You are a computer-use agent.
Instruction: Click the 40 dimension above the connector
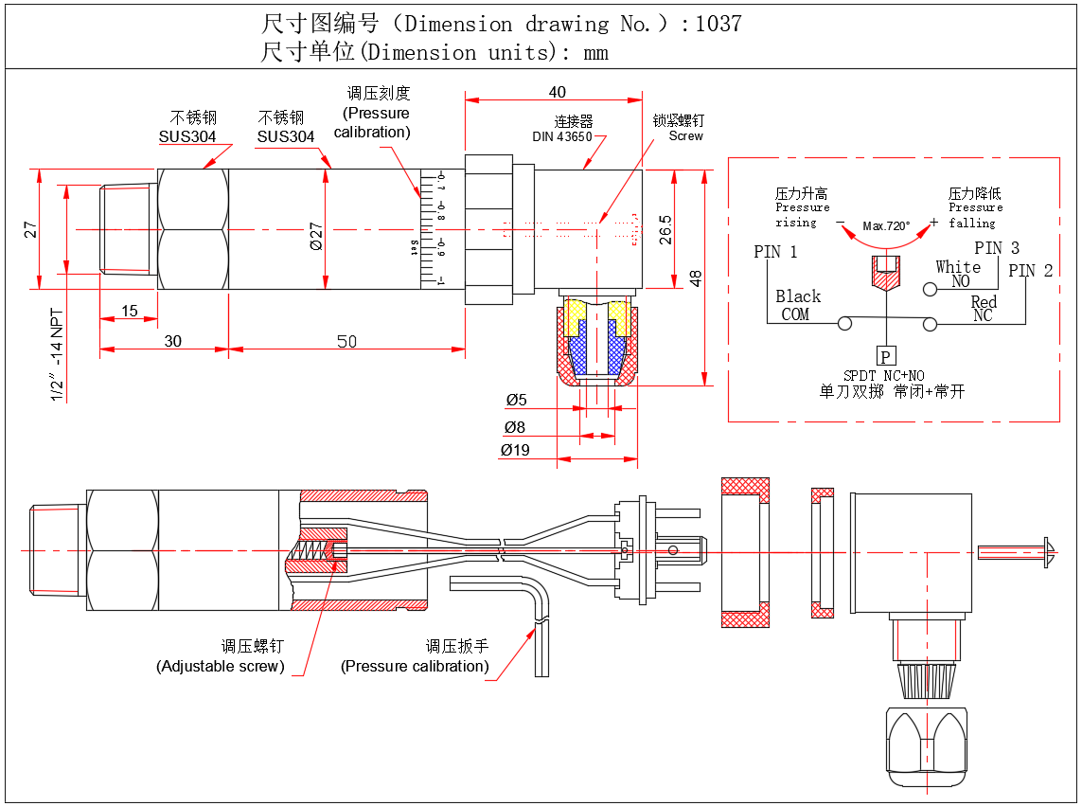557,92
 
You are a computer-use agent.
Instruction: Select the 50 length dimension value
347,341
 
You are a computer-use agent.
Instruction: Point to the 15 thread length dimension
129,311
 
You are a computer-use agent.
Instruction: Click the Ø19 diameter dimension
515,450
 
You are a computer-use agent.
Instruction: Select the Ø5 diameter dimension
516,400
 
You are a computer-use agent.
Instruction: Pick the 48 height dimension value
696,278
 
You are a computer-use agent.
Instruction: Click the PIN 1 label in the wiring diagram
775,252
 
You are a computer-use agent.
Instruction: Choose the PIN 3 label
997,248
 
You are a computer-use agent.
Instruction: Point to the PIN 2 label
1031,271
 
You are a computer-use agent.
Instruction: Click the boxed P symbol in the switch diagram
885,356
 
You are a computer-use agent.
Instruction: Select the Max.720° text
886,226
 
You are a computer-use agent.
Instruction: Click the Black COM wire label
797,305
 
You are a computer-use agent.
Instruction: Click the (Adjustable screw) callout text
220,666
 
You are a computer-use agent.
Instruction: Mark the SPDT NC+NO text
883,376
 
